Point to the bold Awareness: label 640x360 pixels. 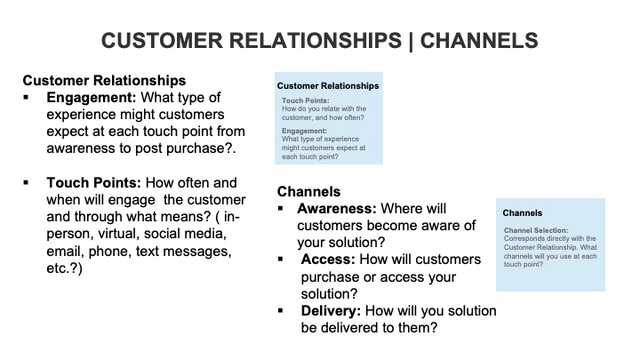(337, 209)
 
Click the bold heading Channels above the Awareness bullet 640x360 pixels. (309, 190)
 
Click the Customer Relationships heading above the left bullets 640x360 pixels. (104, 80)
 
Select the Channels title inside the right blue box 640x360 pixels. (522, 213)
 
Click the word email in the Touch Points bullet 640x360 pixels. (68, 252)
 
